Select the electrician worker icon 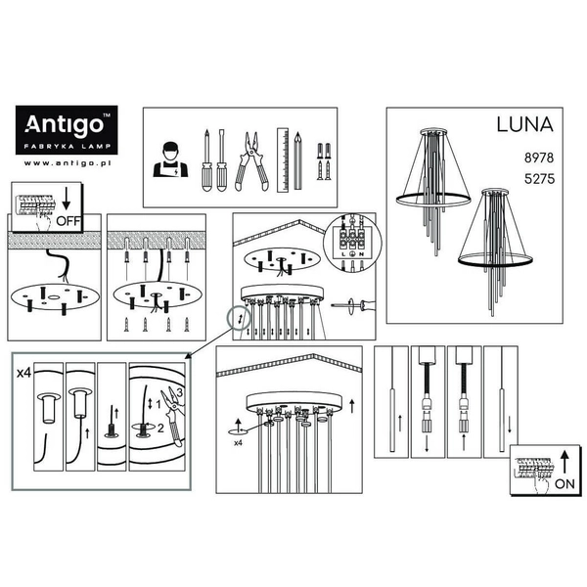click(x=169, y=161)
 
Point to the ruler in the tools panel click(x=282, y=158)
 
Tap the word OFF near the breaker click(x=68, y=221)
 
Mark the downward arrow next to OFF click(x=66, y=203)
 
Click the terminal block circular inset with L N click(x=352, y=238)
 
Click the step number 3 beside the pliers click(x=178, y=393)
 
